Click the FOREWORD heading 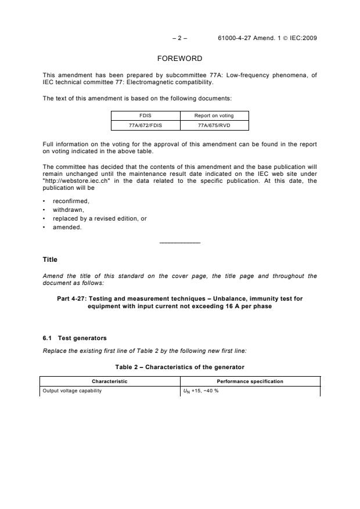pos(179,59)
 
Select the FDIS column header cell pos(145,115)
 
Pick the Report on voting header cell pos(214,115)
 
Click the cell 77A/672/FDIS pos(145,125)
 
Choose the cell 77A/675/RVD pos(214,125)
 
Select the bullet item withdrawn pos(69,210)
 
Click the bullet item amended pos(67,227)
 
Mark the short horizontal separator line pos(179,242)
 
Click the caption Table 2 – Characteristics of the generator pos(180,367)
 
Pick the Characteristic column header pos(110,381)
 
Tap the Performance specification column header pos(250,381)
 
